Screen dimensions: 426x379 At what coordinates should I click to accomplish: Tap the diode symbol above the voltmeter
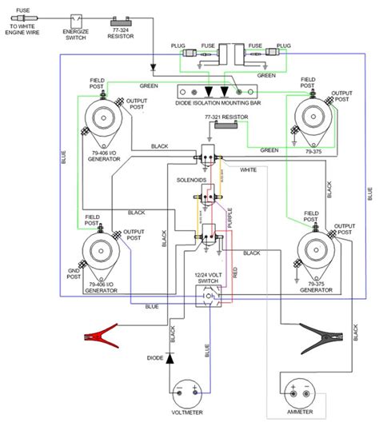(x=170, y=358)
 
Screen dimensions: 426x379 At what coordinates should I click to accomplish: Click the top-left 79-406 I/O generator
(x=104, y=117)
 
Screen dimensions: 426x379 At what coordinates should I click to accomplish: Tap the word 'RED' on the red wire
(x=235, y=272)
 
